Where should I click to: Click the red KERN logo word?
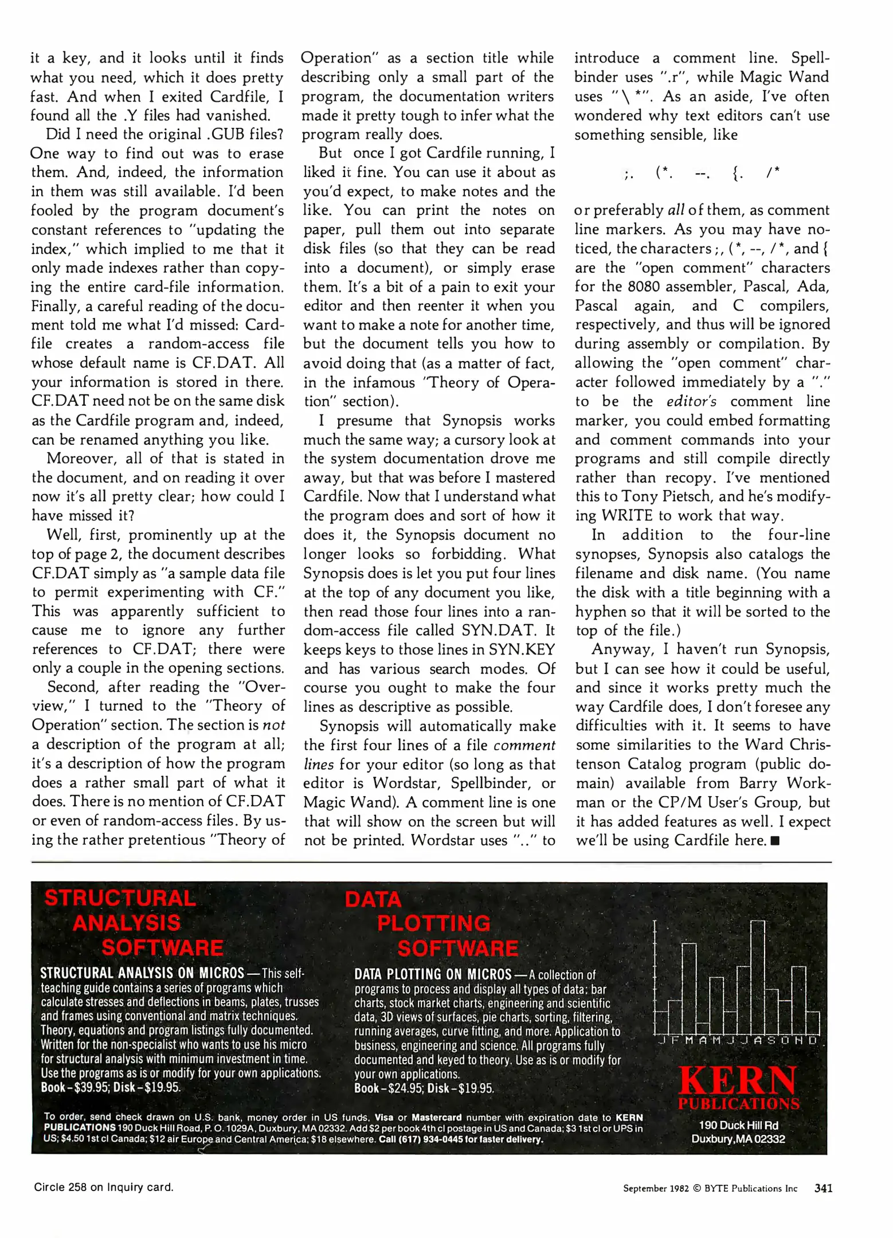pos(738,1080)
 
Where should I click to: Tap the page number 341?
pos(823,1188)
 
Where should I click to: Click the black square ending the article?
pos(775,841)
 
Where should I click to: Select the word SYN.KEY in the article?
pos(522,649)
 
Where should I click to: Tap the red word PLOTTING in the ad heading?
pos(434,923)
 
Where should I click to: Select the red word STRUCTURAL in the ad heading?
pos(120,898)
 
